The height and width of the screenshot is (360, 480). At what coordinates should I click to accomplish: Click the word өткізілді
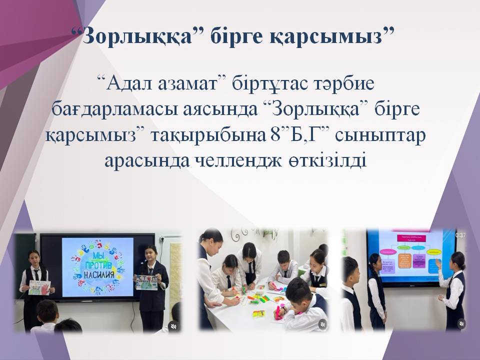point(327,161)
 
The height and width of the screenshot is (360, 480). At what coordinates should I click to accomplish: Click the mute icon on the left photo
point(173,326)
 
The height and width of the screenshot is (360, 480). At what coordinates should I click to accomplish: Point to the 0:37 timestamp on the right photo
point(460,235)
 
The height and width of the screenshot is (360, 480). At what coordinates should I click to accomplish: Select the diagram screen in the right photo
point(410,256)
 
